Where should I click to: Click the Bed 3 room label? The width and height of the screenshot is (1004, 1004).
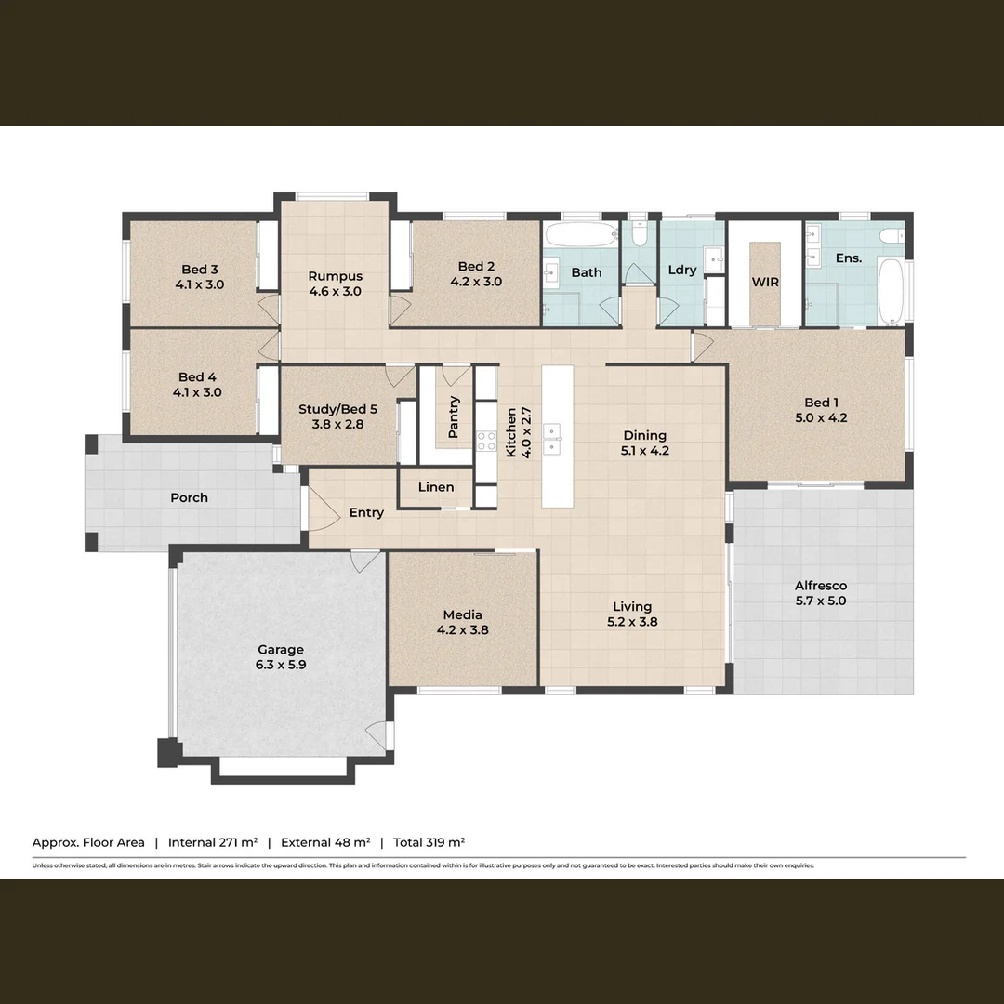point(200,270)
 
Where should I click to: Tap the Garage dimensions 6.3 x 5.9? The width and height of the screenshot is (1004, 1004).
point(281,665)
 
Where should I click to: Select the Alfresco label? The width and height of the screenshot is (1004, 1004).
point(821,586)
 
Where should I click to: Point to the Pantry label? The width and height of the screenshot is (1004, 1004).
point(454,417)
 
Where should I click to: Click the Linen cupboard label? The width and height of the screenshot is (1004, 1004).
point(436,487)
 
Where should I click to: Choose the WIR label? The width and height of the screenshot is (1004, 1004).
point(765,282)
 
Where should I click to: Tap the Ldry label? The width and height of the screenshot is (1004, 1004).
point(681,270)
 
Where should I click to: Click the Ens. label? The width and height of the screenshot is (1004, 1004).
point(848,258)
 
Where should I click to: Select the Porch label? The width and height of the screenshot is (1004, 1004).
point(189,497)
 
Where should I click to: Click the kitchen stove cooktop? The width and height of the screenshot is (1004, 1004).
point(487,441)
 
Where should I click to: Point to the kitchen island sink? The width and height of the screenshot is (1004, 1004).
point(552,438)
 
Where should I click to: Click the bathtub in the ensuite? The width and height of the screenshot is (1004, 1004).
point(890,290)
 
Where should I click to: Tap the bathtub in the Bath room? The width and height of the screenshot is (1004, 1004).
point(580,232)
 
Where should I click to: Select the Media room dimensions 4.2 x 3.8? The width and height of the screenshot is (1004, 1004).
point(462,629)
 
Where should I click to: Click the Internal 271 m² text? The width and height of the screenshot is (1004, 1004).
point(212,842)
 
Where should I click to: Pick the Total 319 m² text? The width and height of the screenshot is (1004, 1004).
point(429,842)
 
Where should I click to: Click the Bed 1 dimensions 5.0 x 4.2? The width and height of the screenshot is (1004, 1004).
point(821,417)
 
